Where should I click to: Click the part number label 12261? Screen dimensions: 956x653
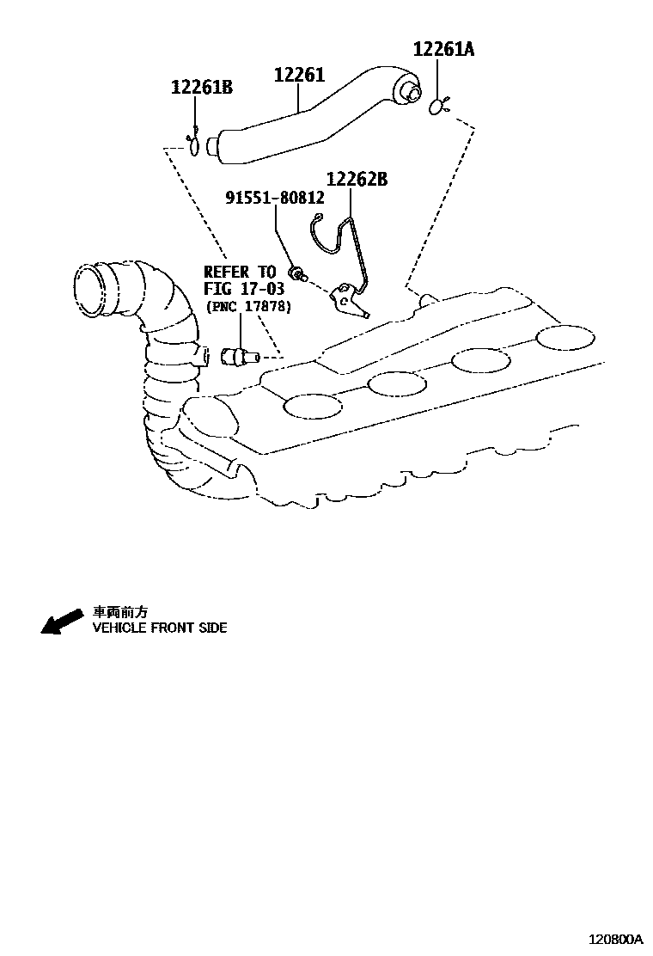point(299,76)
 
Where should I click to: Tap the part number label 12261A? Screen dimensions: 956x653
point(442,49)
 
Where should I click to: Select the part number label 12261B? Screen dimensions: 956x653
point(201,87)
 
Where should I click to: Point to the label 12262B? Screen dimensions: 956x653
point(357,180)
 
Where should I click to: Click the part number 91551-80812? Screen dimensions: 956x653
point(275,198)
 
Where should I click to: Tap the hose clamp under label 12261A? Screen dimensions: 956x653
point(440,107)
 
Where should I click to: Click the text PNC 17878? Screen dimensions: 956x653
point(247,306)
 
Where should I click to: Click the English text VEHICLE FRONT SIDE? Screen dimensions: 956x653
point(160,628)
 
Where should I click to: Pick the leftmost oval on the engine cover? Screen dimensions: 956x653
point(311,406)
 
